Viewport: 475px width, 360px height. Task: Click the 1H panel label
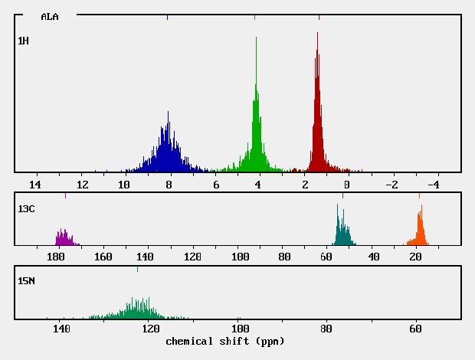24,40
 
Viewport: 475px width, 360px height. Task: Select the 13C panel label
26,208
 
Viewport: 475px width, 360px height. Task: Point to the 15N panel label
26,281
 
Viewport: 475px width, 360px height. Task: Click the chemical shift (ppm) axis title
224,341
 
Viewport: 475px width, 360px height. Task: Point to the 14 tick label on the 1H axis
34,185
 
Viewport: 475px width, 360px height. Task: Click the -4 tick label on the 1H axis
431,185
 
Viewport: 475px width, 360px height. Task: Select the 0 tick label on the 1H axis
347,185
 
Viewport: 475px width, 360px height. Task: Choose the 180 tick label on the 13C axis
55,257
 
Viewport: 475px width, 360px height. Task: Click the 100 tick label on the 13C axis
241,257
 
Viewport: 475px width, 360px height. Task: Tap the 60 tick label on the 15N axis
415,329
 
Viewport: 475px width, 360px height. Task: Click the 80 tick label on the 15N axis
327,329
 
